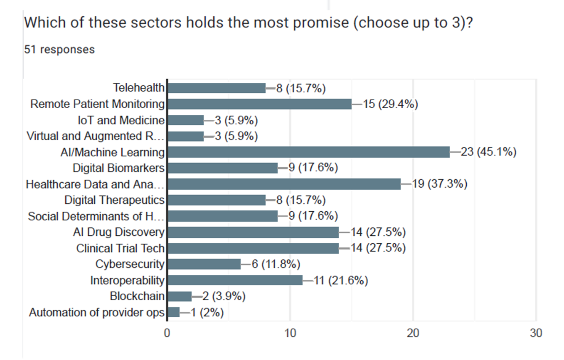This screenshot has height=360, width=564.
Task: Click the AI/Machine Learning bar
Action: pyautogui.click(x=308, y=152)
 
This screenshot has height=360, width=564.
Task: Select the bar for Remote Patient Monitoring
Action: pyautogui.click(x=259, y=104)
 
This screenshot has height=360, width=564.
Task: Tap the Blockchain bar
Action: pyautogui.click(x=179, y=296)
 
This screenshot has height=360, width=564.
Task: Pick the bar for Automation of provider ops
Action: pyautogui.click(x=174, y=312)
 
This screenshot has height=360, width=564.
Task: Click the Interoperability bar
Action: pyautogui.click(x=235, y=280)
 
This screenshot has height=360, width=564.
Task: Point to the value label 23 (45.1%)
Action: pyautogui.click(x=488, y=152)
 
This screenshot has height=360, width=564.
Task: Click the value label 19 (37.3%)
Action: pyautogui.click(x=440, y=184)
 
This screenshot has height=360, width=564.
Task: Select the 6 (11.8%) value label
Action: pyautogui.click(x=276, y=264)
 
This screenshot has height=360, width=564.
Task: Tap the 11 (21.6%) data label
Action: pyautogui.click(x=341, y=280)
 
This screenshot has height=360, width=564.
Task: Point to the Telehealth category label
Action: pyautogui.click(x=139, y=88)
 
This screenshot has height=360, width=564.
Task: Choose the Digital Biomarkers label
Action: pyautogui.click(x=118, y=168)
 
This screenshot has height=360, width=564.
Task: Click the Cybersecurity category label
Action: pyautogui.click(x=130, y=264)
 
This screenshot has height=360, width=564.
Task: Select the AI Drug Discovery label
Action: pyautogui.click(x=119, y=232)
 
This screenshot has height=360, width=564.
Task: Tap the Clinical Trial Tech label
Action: pyautogui.click(x=120, y=248)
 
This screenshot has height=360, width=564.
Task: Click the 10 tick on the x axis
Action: pyautogui.click(x=290, y=333)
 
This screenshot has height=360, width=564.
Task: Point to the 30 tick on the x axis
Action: pyautogui.click(x=536, y=333)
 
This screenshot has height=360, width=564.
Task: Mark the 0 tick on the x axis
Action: pyautogui.click(x=167, y=333)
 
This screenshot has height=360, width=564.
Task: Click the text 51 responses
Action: pyautogui.click(x=60, y=50)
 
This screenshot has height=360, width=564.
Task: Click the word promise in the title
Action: pyautogui.click(x=321, y=23)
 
